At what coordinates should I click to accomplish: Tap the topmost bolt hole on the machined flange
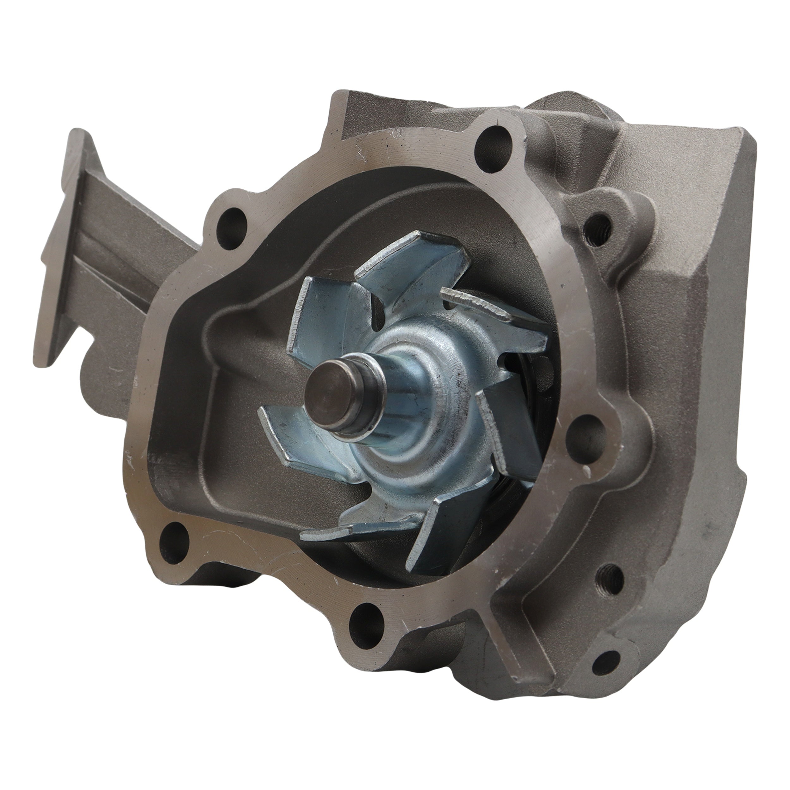point(495,141)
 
